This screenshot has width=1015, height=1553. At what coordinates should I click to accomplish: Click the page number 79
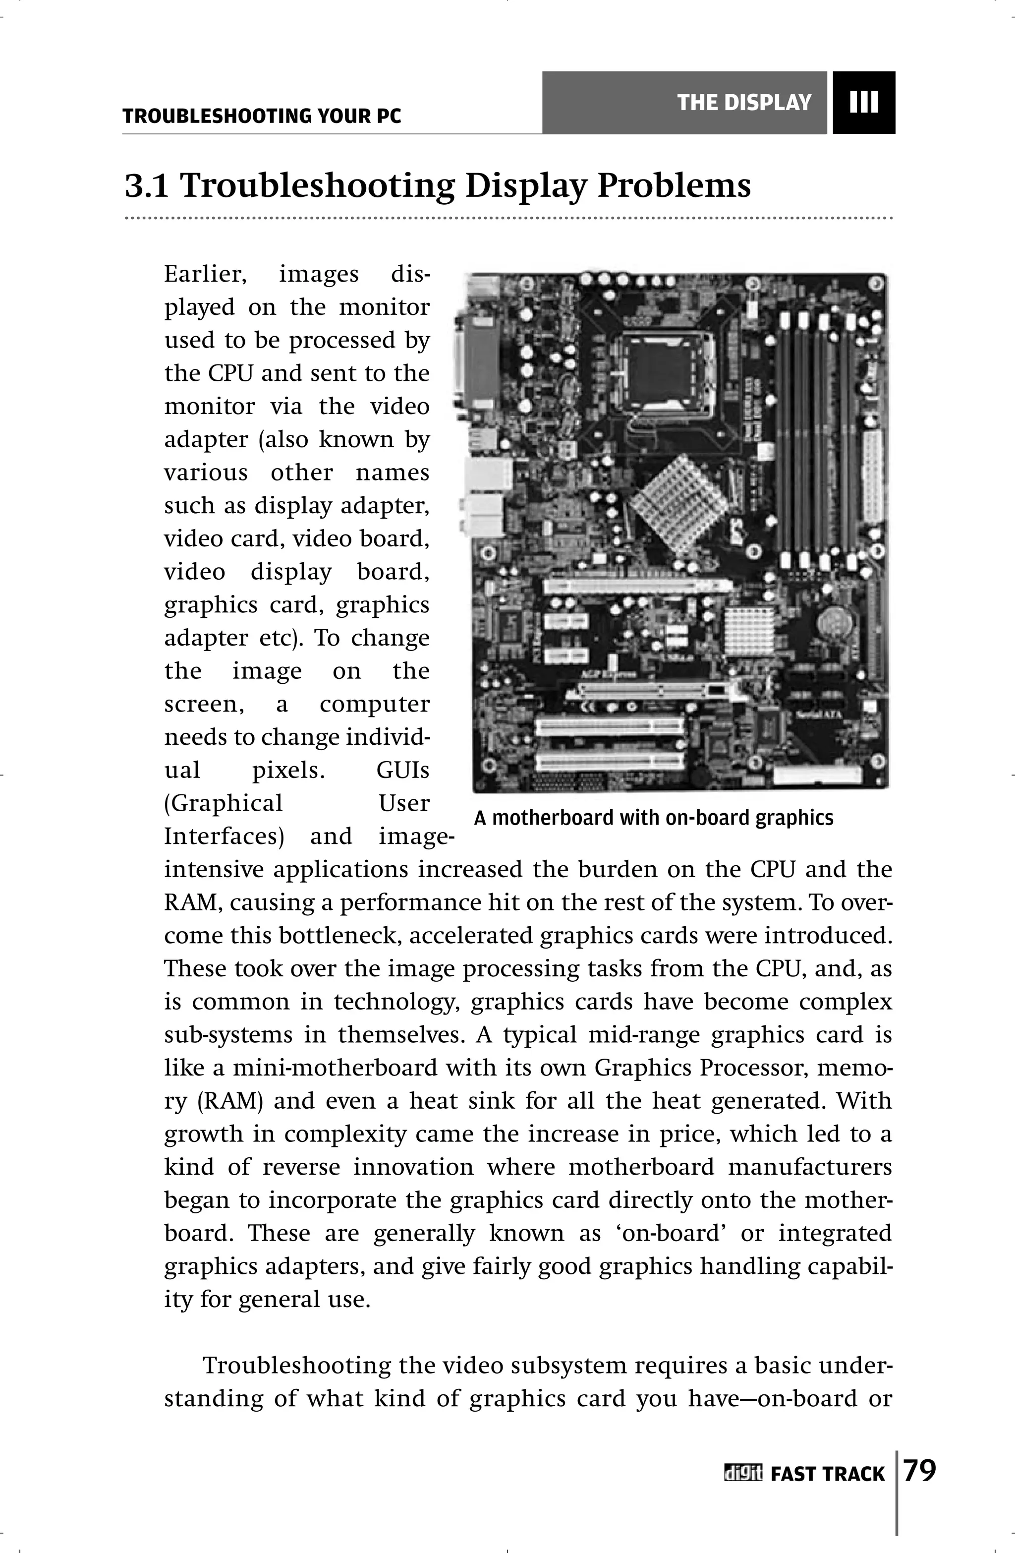pyautogui.click(x=920, y=1472)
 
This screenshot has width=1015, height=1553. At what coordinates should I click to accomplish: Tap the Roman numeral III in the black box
pyautogui.click(x=864, y=103)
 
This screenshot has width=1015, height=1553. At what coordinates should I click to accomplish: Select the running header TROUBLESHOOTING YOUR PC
pyautogui.click(x=262, y=116)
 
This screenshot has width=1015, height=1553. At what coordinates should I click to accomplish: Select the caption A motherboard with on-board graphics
pyautogui.click(x=654, y=818)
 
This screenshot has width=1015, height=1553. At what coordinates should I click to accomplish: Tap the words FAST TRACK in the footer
pyautogui.click(x=827, y=1474)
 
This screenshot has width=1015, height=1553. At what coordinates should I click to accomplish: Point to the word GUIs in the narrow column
pyautogui.click(x=402, y=770)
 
